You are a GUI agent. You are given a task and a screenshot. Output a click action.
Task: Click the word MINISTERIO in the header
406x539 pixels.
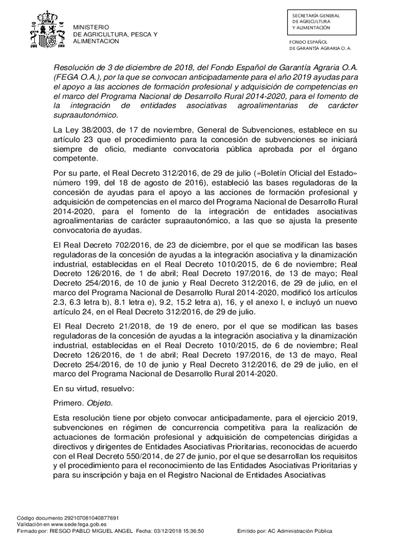pos(91,27)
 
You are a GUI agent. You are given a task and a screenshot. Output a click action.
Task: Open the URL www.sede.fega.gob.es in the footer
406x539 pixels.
pos(78,525)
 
